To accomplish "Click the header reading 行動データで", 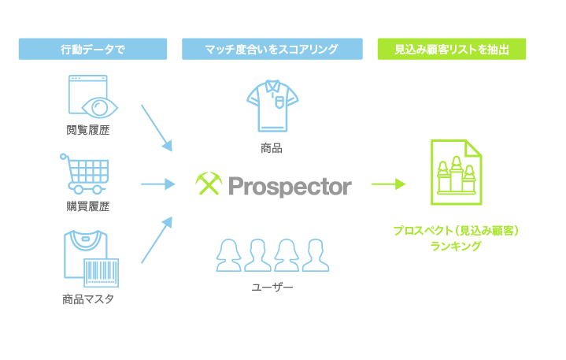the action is pyautogui.click(x=93, y=49).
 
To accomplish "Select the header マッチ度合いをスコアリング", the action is pyautogui.click(x=272, y=49).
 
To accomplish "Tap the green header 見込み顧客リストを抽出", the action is pyautogui.click(x=452, y=49).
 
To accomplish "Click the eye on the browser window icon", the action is pyautogui.click(x=100, y=108).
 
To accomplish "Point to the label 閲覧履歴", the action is pyautogui.click(x=88, y=130).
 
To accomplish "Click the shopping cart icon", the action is pyautogui.click(x=85, y=173).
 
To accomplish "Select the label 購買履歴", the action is pyautogui.click(x=88, y=206).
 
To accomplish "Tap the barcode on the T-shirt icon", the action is pyautogui.click(x=102, y=273).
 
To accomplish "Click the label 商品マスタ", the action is pyautogui.click(x=88, y=299).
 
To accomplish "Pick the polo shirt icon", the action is pyautogui.click(x=272, y=106).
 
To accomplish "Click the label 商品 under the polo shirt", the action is pyautogui.click(x=272, y=148).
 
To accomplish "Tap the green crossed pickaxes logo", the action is pyautogui.click(x=209, y=184).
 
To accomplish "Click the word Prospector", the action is pyautogui.click(x=290, y=187).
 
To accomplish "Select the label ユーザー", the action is pyautogui.click(x=272, y=287).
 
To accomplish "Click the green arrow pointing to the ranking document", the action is pyautogui.click(x=388, y=184).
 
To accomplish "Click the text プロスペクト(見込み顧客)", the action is pyautogui.click(x=456, y=230).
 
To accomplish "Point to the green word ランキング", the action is pyautogui.click(x=456, y=247).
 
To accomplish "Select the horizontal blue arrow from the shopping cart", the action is pyautogui.click(x=157, y=184).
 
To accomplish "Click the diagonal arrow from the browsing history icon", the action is pyautogui.click(x=157, y=128).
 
